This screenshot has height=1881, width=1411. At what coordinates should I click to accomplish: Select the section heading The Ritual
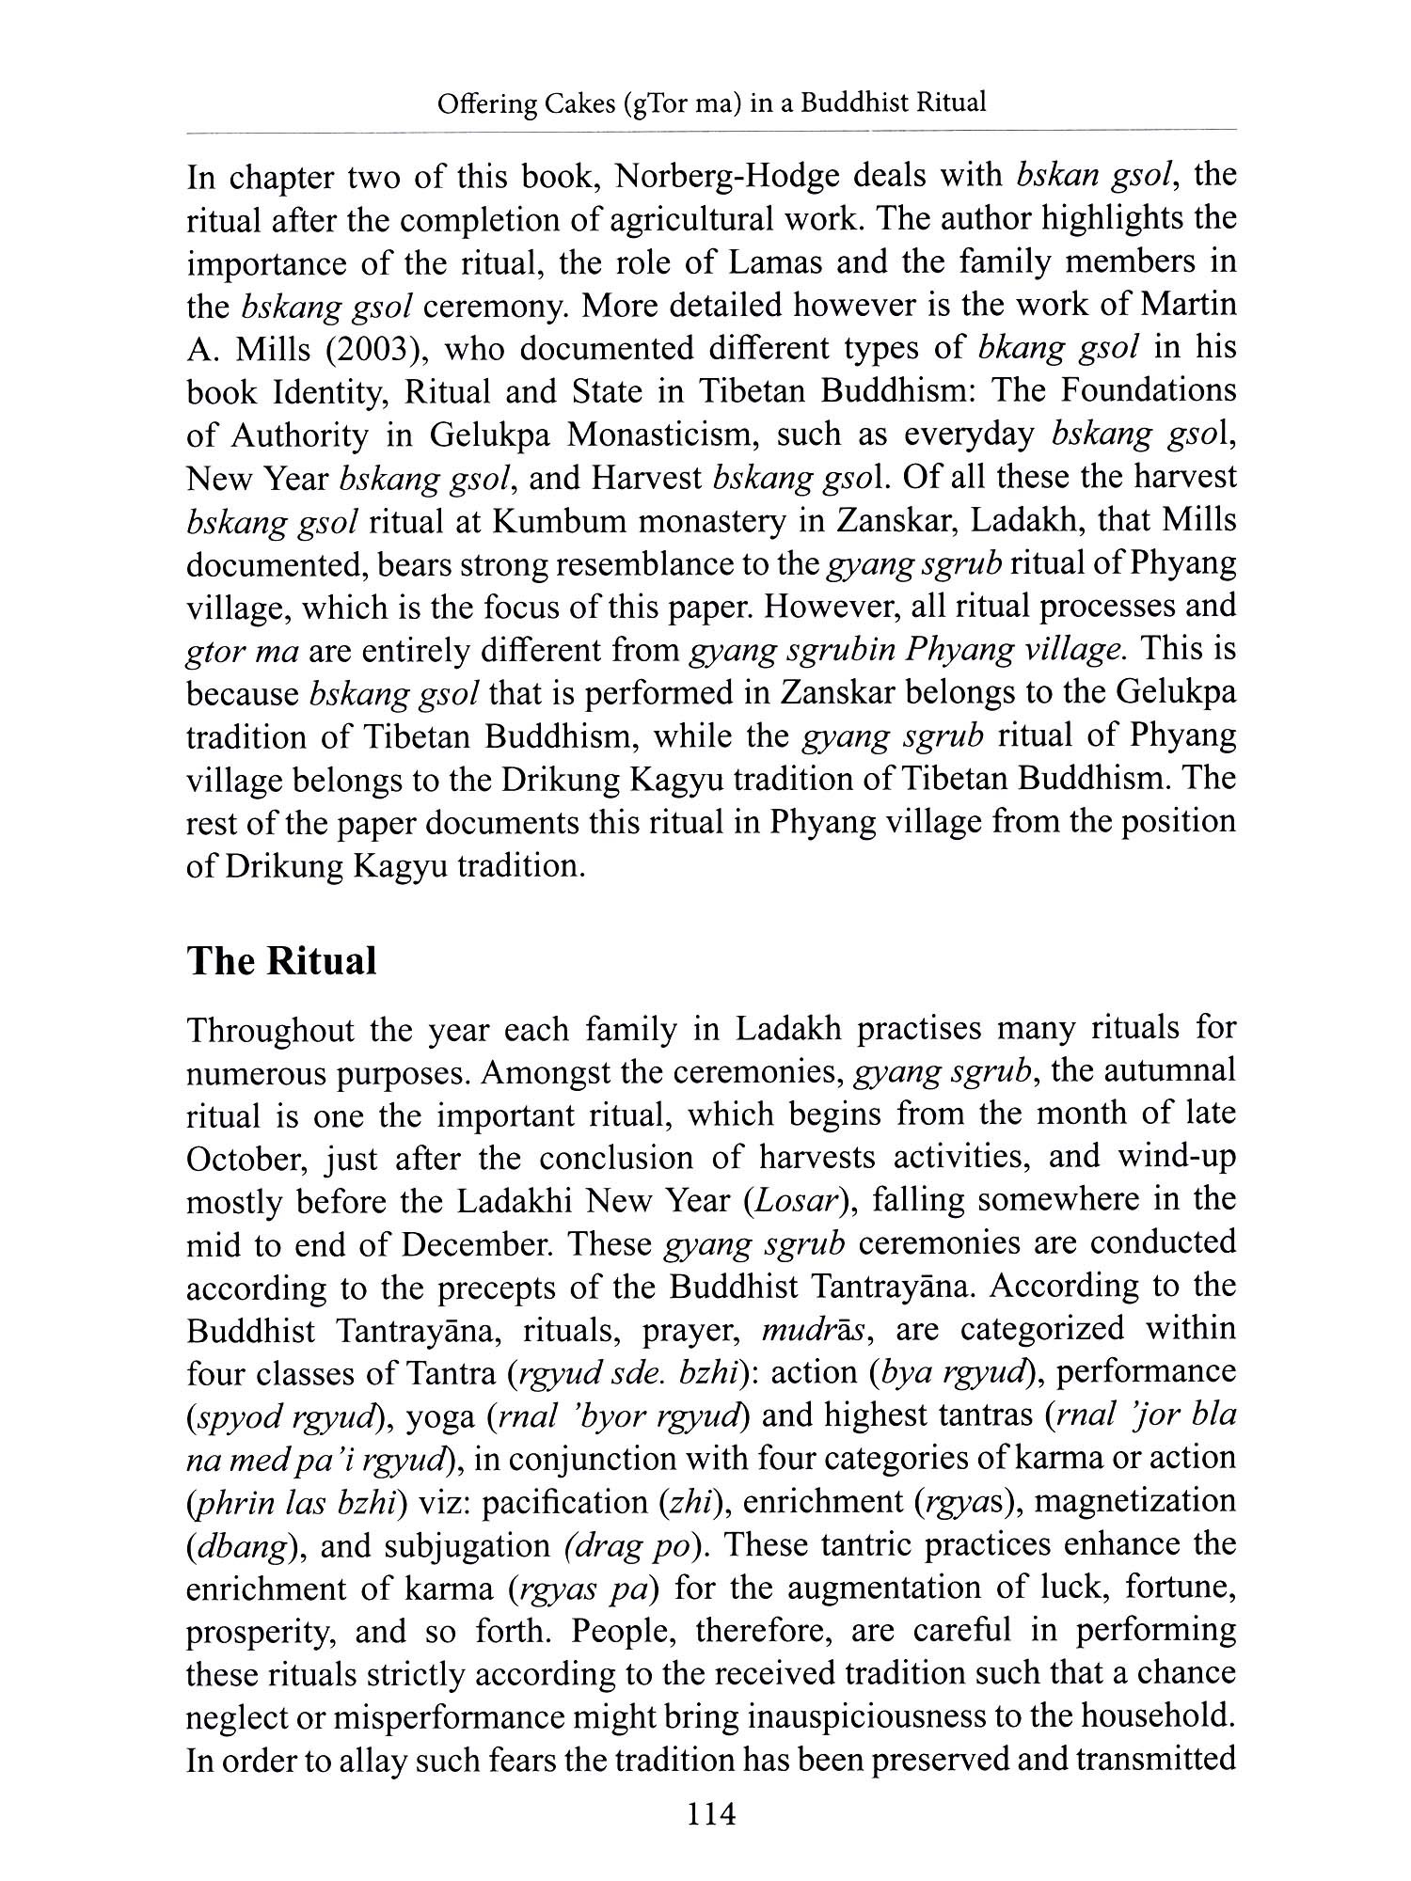click(x=281, y=961)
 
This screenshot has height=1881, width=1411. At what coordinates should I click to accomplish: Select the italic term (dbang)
click(x=240, y=1545)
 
